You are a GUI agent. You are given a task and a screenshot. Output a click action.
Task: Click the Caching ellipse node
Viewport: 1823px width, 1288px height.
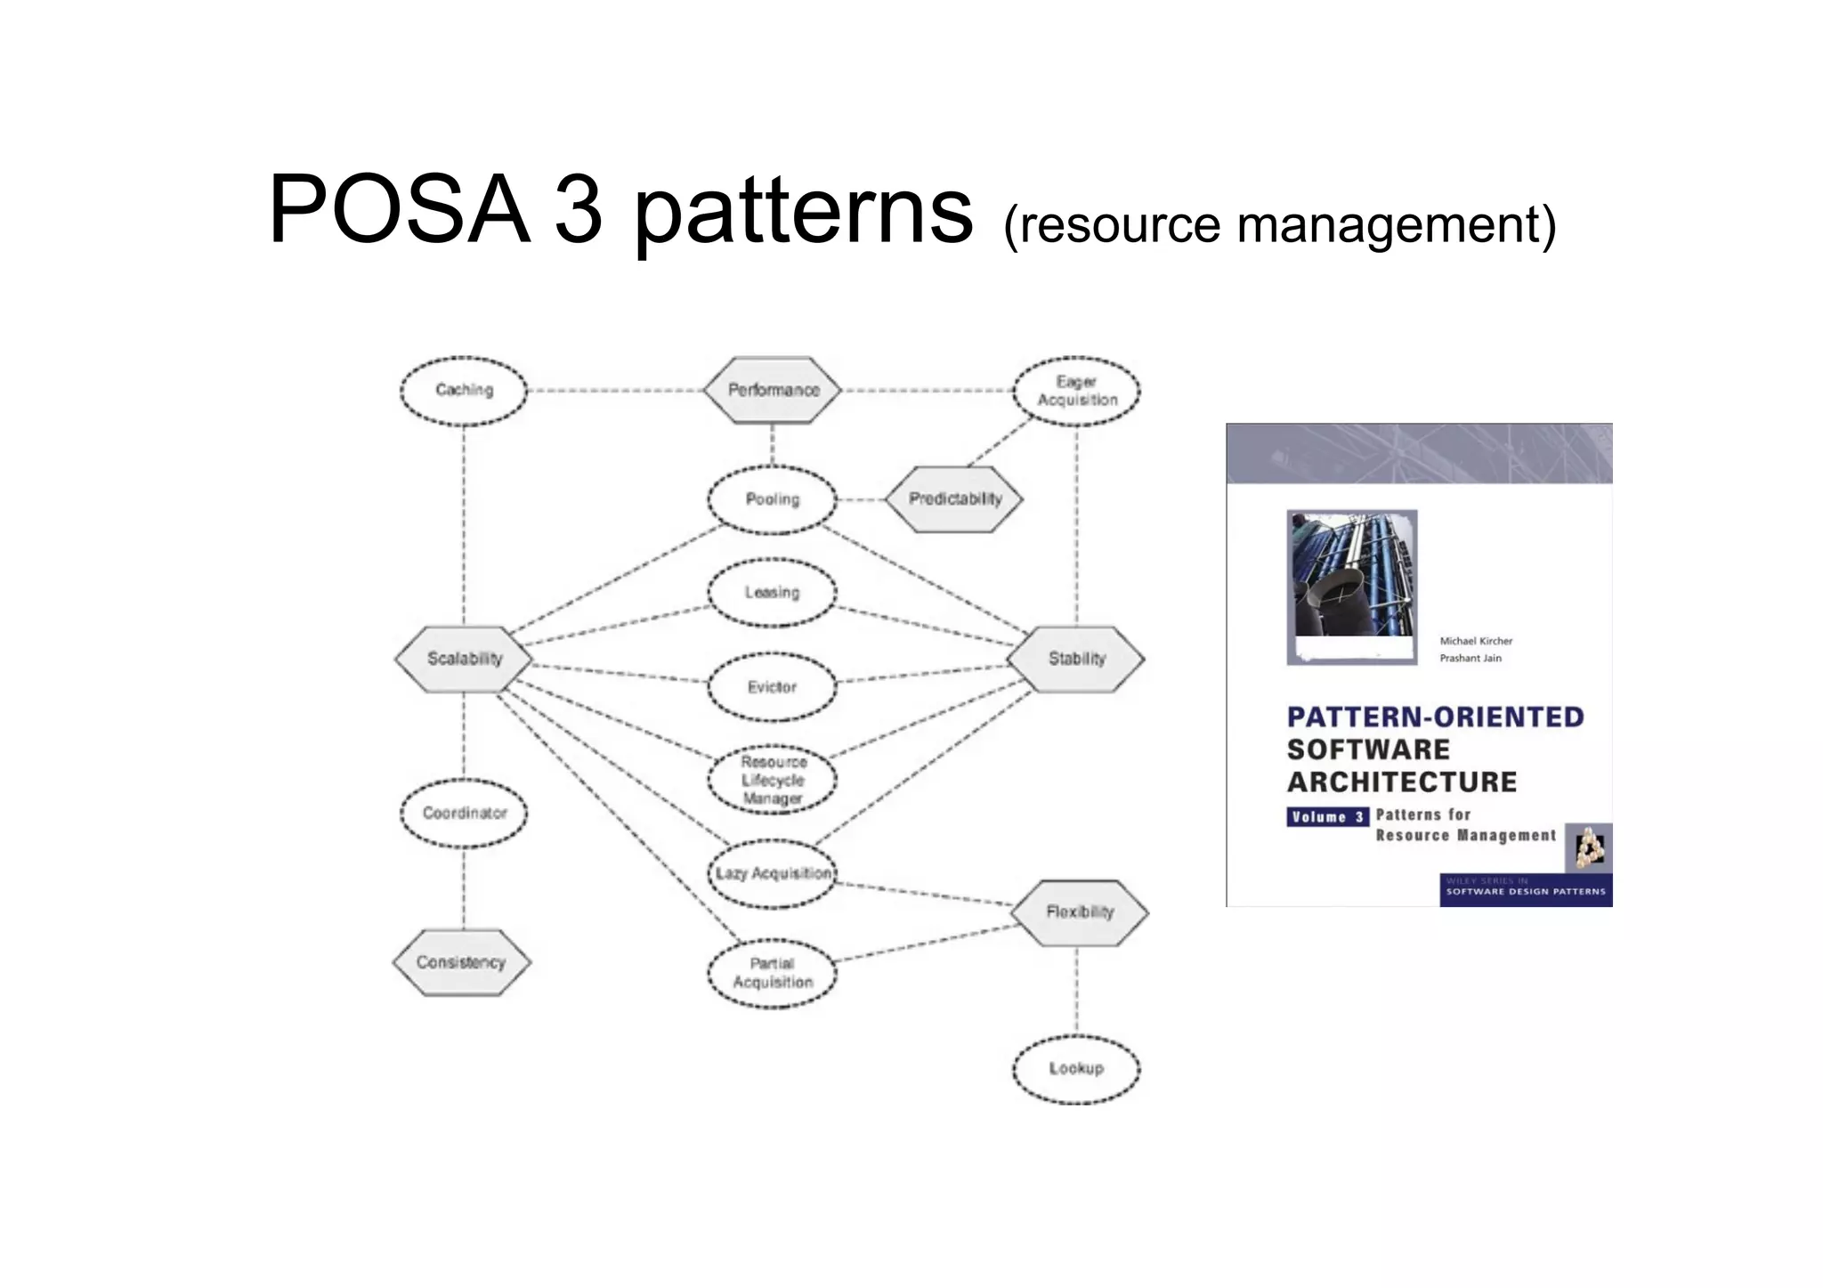coord(463,391)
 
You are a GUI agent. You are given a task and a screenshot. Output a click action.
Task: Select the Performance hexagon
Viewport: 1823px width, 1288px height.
coord(773,390)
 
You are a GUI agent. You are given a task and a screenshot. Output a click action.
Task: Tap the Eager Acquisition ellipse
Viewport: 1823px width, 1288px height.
coord(1077,391)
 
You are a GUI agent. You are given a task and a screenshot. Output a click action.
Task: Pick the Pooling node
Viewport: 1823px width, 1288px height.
coord(772,499)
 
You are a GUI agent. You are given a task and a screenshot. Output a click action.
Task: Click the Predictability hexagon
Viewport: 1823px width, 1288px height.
coord(954,499)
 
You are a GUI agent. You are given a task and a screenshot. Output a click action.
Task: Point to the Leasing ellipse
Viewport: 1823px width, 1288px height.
coord(772,593)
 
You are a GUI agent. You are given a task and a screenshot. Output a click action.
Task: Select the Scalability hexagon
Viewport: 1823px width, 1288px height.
coord(464,659)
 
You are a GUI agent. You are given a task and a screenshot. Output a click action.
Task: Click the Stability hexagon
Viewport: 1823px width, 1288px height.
coord(1076,659)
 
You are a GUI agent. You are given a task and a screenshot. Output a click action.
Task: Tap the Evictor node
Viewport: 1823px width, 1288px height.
coord(772,687)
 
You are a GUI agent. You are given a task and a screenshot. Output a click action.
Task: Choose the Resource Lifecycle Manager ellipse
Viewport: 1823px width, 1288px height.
coord(773,781)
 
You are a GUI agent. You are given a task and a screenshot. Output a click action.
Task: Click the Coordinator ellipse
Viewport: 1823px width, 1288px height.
coord(464,813)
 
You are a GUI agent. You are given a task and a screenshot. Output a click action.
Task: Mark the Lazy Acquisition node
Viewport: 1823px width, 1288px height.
coord(773,873)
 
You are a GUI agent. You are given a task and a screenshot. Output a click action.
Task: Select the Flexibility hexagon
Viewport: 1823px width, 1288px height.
coord(1080,912)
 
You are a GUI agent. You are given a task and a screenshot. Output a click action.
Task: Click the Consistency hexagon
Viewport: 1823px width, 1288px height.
coord(461,962)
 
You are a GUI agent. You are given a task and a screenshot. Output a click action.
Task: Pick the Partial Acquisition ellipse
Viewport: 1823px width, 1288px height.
coord(773,974)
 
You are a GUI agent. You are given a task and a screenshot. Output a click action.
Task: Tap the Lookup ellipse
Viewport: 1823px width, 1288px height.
coord(1076,1068)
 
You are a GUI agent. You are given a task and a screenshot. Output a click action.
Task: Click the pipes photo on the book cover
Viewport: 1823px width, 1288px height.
coord(1351,587)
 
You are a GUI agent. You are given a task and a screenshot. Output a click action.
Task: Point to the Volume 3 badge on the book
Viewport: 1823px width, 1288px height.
coord(1327,817)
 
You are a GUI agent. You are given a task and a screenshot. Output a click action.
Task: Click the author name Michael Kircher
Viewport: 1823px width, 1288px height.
coord(1476,641)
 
